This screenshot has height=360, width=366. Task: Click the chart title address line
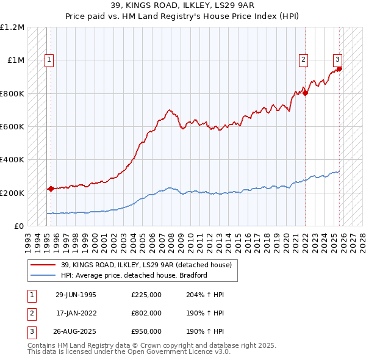coord(182,5)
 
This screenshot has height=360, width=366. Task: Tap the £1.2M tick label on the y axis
coord(12,27)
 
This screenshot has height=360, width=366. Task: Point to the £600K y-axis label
coord(12,127)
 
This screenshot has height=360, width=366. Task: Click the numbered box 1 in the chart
coord(48,60)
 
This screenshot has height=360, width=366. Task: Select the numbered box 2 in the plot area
coord(303,60)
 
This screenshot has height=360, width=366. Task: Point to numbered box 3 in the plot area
coord(337,60)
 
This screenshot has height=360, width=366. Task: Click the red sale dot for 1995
coord(51,189)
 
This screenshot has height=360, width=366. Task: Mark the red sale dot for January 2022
coord(306,93)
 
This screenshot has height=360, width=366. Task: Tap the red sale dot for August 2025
coord(340,68)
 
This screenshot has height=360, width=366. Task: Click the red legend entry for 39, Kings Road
coord(146,265)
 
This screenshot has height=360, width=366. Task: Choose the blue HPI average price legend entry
coord(134,275)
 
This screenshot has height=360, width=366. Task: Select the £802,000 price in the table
coord(146,312)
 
